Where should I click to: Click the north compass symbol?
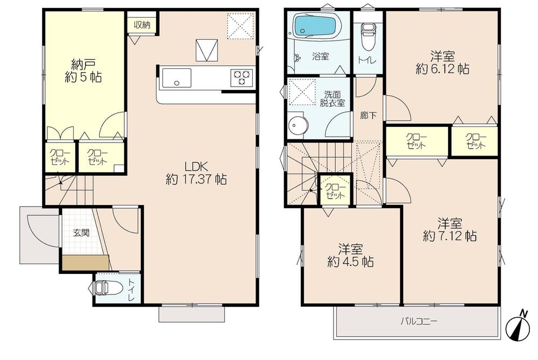(x=518, y=326)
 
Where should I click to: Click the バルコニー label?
(x=418, y=322)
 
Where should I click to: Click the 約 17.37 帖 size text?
(x=195, y=179)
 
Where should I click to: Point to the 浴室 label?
(x=321, y=55)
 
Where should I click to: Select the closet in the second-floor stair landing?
(x=335, y=190)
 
